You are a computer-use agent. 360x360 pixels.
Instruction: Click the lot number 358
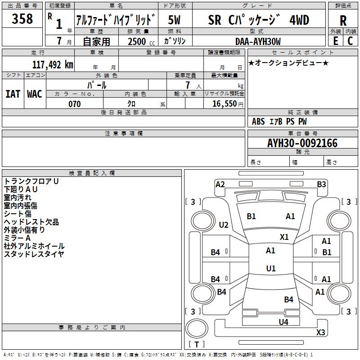click(22, 18)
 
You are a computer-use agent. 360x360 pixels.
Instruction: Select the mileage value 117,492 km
click(53, 65)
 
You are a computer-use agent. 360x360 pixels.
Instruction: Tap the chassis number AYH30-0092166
click(302, 143)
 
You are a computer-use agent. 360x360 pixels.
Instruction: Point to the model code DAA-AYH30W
click(258, 41)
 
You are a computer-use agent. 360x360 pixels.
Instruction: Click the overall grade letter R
click(343, 21)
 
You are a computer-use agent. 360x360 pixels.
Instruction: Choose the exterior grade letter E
click(335, 41)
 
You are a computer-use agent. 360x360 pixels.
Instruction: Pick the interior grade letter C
click(350, 41)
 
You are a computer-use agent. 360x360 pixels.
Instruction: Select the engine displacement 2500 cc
click(141, 41)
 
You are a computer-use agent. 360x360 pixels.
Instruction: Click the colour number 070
click(74, 104)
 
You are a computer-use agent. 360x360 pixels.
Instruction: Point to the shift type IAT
click(13, 94)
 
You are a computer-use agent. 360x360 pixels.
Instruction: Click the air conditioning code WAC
click(35, 94)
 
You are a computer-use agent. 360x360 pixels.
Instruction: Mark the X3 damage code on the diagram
click(320, 332)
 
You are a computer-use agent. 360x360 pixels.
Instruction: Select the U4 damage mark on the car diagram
click(283, 322)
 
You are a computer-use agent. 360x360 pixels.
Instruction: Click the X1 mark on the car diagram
click(284, 237)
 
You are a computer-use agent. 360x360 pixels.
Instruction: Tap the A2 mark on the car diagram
click(220, 184)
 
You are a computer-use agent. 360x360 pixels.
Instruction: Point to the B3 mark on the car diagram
click(321, 184)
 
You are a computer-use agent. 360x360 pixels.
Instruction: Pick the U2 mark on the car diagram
click(223, 225)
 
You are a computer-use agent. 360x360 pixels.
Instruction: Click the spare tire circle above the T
click(197, 328)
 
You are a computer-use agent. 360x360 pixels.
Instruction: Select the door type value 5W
click(174, 20)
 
